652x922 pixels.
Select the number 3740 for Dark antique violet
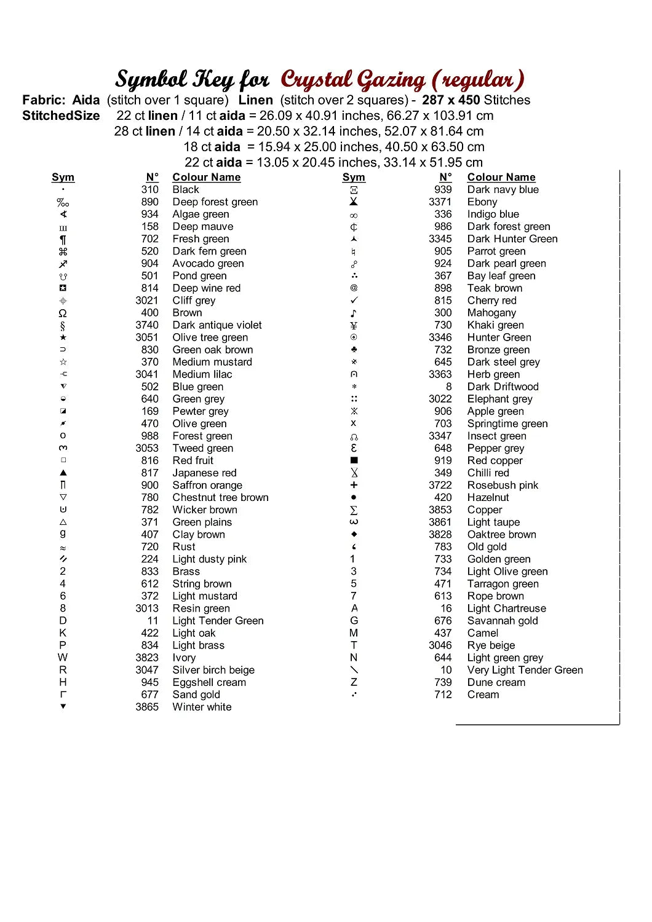point(147,325)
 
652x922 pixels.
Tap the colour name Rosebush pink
point(503,485)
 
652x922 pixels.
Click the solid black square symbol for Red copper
point(354,460)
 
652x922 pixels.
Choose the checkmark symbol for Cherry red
point(354,301)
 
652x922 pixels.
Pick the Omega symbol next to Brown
point(63,313)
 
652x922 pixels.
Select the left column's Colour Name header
point(206,177)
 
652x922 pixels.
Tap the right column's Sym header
point(354,177)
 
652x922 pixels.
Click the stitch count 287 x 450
point(451,100)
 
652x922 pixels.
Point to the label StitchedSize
point(61,116)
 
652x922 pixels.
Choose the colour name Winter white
point(202,707)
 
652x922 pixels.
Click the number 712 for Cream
point(443,695)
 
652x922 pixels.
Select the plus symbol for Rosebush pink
point(354,485)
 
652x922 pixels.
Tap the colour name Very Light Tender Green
point(525,670)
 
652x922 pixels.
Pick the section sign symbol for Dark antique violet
point(63,325)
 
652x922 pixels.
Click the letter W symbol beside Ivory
point(63,658)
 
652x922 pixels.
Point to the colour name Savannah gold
point(503,621)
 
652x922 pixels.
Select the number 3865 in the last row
point(147,707)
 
